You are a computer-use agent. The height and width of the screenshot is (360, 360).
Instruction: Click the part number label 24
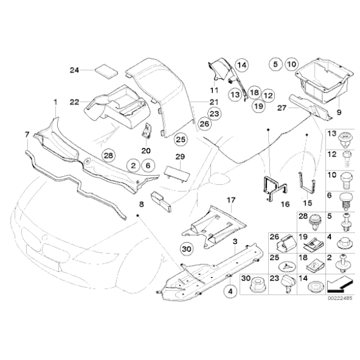(x=73, y=69)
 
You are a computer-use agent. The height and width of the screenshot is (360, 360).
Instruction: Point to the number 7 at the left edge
(x=26, y=134)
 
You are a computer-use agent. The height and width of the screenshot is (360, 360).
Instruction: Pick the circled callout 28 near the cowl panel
(x=109, y=154)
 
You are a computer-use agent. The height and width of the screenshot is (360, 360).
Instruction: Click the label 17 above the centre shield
(x=230, y=200)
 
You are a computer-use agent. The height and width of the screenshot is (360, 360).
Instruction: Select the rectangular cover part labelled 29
(x=176, y=168)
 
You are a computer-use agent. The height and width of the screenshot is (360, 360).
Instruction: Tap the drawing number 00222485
(x=340, y=299)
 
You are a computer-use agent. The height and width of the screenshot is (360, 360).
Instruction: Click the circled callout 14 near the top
(x=241, y=65)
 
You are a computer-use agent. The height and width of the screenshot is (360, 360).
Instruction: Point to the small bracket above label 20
(x=148, y=132)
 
